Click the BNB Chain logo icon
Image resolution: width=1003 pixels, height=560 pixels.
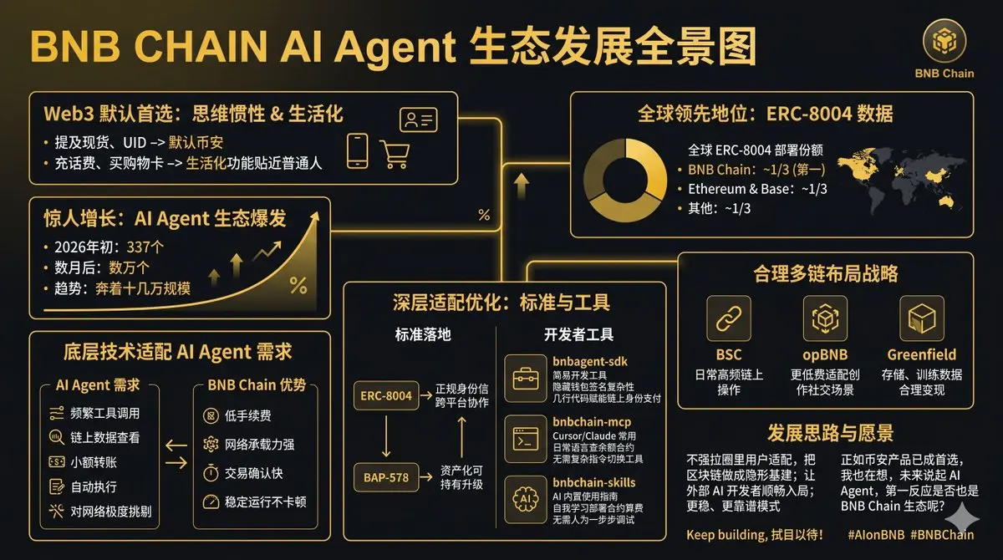(944, 41)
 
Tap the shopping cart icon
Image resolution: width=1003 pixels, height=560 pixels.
(395, 154)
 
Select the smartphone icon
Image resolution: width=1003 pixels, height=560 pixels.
(358, 150)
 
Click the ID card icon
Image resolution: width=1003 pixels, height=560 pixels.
(419, 120)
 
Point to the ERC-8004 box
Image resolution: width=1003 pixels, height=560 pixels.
(386, 395)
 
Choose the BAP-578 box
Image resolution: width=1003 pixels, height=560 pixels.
(386, 477)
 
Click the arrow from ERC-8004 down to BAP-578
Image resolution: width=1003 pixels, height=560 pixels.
(386, 436)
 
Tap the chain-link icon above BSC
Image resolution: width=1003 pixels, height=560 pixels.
(729, 318)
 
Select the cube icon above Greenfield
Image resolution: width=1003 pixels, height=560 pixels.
(921, 318)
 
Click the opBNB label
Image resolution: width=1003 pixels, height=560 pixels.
(825, 354)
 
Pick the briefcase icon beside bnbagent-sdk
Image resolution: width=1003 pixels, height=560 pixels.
(526, 379)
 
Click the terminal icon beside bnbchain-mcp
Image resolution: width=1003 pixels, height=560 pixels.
(526, 439)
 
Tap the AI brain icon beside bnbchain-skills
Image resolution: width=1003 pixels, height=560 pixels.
(526, 500)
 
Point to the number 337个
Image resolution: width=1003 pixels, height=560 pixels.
(145, 247)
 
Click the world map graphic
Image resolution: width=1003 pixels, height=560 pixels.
(900, 181)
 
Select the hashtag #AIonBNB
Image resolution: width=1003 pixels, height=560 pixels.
(876, 535)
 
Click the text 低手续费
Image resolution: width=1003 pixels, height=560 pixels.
(247, 415)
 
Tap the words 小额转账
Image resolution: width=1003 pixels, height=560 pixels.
(94, 462)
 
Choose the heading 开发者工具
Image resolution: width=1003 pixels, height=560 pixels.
(578, 334)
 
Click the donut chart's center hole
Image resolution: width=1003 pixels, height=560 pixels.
(625, 180)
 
